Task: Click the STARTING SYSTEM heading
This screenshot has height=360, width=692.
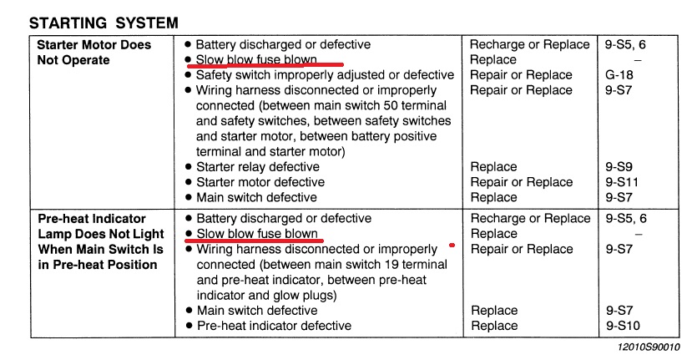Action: (104, 23)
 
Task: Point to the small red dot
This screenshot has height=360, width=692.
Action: (452, 246)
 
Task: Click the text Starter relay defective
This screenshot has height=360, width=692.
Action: (257, 167)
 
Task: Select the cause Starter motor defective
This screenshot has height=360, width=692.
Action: (260, 182)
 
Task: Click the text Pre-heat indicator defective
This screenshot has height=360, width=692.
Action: (273, 326)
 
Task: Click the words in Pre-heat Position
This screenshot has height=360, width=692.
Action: (98, 265)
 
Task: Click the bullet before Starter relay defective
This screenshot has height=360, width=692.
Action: (189, 167)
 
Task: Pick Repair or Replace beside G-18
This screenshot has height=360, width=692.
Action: (521, 75)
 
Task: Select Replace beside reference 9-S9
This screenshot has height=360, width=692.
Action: (493, 167)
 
